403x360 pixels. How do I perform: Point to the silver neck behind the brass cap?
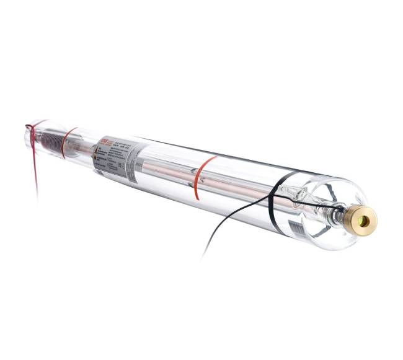(338, 215)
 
